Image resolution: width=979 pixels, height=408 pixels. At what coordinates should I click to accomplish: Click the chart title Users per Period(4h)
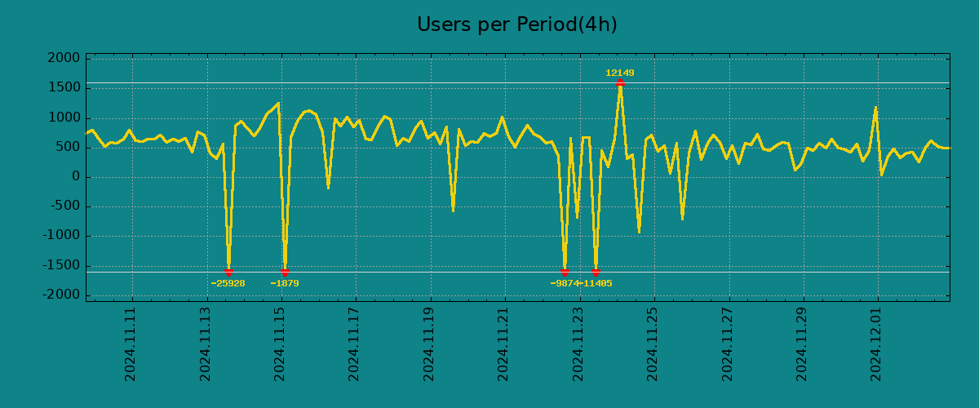[516, 24]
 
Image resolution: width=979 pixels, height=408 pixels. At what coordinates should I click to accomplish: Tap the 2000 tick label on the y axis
[64, 59]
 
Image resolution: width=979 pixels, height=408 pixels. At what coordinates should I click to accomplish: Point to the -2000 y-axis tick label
[62, 295]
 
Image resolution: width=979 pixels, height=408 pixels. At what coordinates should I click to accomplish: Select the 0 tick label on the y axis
[76, 177]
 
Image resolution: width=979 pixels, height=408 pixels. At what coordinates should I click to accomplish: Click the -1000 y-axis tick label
[62, 236]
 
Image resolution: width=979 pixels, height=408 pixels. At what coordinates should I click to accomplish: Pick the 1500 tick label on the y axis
[64, 88]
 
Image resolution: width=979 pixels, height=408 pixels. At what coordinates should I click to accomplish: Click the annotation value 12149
[620, 73]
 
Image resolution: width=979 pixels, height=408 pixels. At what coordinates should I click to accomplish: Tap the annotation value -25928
[228, 283]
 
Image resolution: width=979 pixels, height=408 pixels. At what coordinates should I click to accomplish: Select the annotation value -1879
[285, 283]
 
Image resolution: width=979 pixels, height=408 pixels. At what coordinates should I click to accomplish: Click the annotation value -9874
[565, 283]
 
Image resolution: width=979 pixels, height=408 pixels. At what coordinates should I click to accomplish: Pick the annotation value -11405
[596, 283]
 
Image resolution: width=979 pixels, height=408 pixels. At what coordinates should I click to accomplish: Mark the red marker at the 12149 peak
[620, 82]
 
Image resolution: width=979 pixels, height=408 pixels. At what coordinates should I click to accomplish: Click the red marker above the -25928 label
[228, 272]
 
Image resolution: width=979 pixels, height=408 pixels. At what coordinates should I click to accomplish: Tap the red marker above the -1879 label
[285, 272]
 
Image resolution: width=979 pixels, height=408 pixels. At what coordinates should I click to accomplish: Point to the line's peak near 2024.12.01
[875, 108]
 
